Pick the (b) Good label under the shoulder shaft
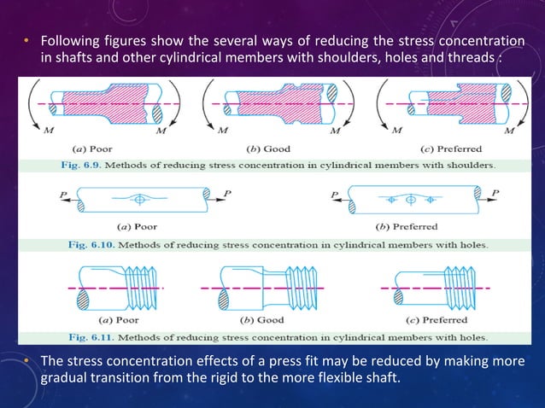tap(269, 149)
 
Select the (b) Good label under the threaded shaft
tap(269, 320)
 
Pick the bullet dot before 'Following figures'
tap(26, 41)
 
